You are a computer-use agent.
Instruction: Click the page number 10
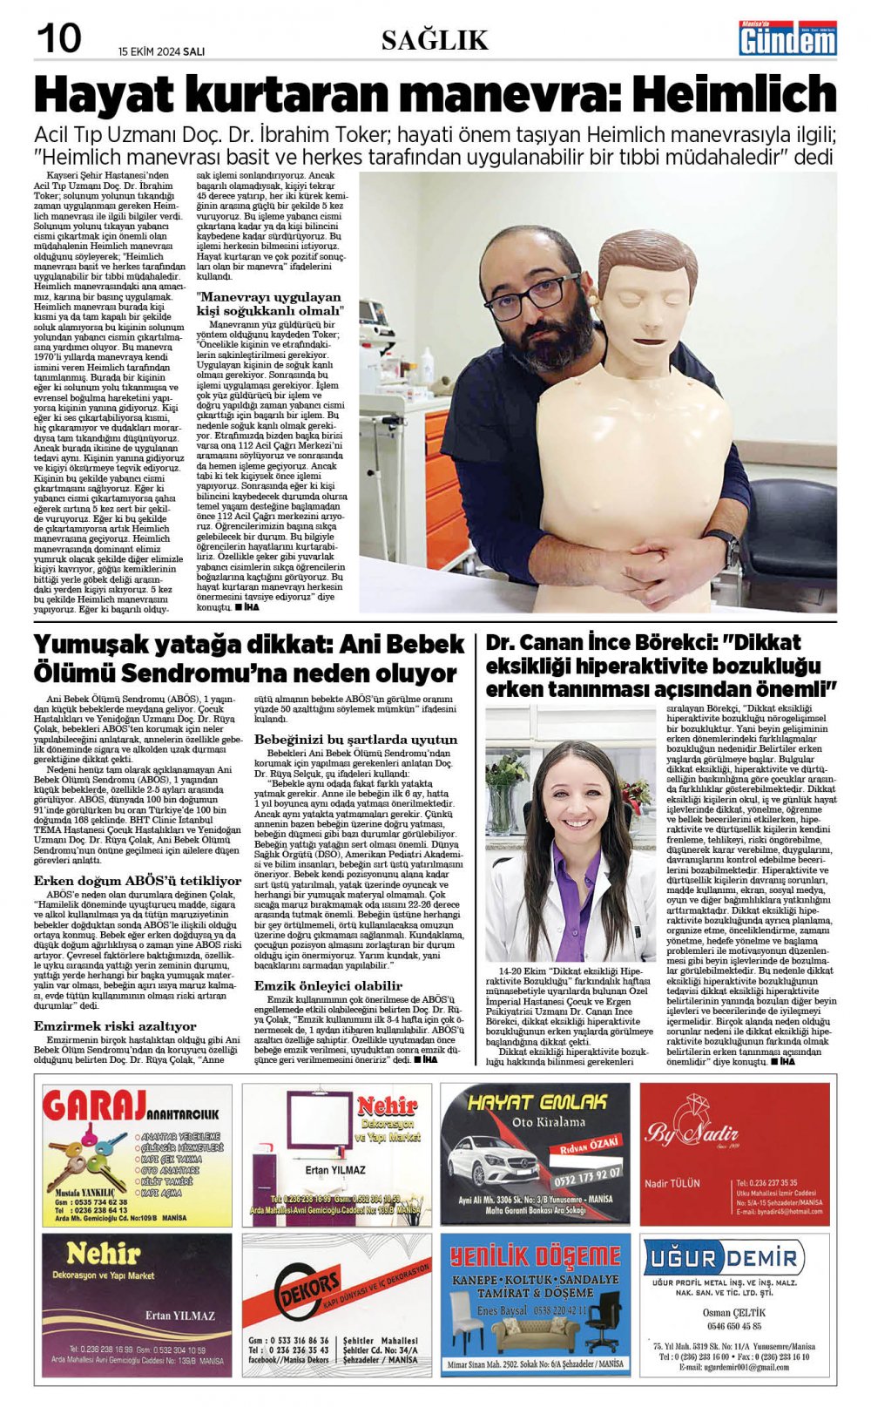[x=59, y=38]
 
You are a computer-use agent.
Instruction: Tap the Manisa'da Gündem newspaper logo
[x=787, y=38]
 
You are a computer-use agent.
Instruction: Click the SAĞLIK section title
[x=435, y=40]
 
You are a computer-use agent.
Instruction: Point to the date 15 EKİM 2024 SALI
[x=162, y=51]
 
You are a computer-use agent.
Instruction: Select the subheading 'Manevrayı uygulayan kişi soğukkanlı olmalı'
[x=270, y=304]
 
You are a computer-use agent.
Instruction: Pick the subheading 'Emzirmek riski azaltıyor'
[x=115, y=1026]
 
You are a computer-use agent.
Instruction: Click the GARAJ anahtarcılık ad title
[x=110, y=1107]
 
